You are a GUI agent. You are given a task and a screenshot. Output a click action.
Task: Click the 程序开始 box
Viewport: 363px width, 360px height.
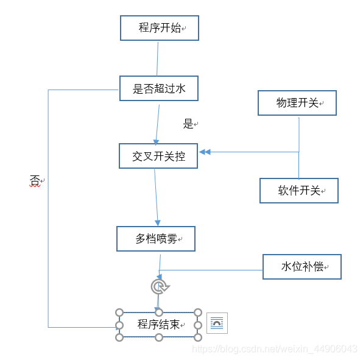[x=160, y=28]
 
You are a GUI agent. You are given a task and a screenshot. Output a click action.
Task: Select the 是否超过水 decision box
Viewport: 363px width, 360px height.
[x=159, y=89]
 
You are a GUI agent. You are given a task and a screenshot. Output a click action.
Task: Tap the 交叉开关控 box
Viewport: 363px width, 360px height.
[x=158, y=156]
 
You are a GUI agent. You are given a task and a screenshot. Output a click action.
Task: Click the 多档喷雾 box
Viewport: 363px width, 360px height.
[x=156, y=239]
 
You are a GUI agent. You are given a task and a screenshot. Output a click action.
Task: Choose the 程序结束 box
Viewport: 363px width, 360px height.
[x=158, y=325]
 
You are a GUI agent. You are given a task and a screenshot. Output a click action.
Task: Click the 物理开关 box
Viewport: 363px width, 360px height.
[x=297, y=103]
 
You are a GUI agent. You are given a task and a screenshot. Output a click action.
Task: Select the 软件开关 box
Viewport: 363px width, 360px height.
[x=298, y=191]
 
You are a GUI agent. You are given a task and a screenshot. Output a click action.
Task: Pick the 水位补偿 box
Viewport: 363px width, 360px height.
[x=302, y=267]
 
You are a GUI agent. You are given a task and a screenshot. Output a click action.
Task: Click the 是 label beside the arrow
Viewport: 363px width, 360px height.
[x=188, y=124]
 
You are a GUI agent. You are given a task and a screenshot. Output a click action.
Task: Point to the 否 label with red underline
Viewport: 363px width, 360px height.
[x=35, y=181]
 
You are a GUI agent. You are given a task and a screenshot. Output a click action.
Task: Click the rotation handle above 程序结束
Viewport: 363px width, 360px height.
[x=159, y=286]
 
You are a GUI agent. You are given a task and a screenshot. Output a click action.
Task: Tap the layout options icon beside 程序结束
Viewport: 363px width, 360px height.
[x=217, y=323]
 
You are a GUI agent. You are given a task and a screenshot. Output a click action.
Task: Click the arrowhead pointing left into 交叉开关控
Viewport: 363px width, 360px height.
[x=205, y=152]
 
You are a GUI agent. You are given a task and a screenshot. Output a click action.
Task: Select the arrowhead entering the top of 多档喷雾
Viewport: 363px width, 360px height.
[x=158, y=222]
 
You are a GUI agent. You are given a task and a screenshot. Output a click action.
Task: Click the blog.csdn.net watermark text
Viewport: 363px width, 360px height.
[x=274, y=349]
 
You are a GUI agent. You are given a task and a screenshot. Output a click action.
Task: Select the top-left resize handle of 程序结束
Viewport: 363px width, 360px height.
[x=119, y=312]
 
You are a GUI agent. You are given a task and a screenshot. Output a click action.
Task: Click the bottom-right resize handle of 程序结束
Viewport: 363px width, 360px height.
[x=198, y=337]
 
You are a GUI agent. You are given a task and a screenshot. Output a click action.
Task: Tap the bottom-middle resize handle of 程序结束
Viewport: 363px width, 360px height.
[x=158, y=337]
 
